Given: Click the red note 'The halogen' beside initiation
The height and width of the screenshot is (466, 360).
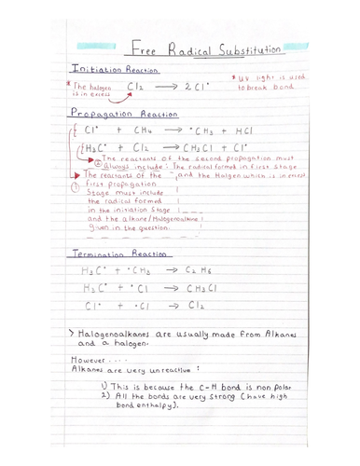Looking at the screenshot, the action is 92,86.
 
